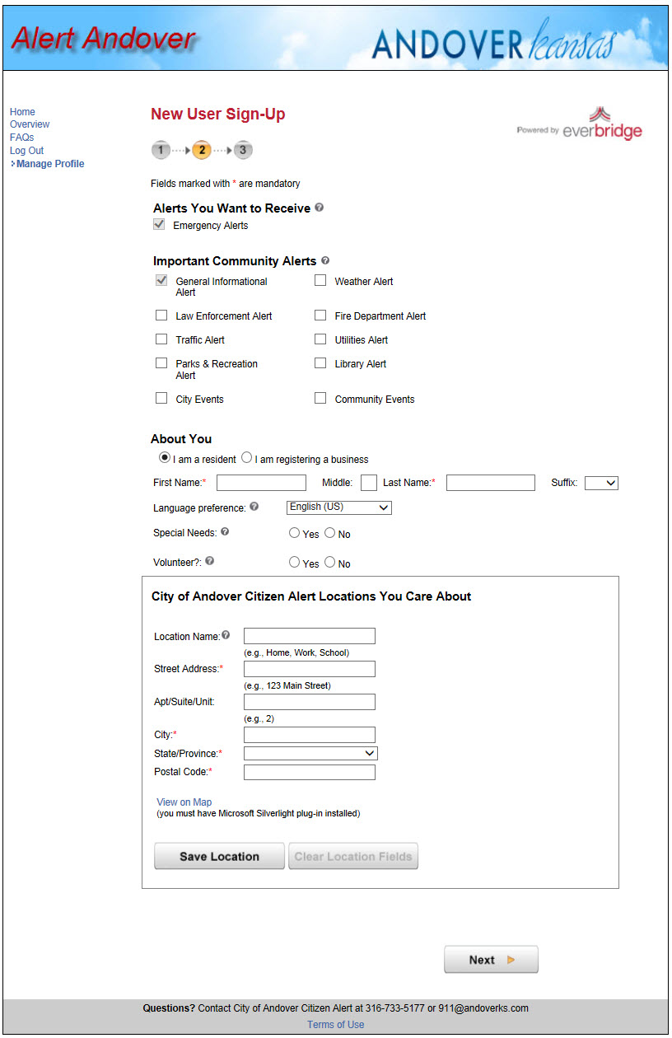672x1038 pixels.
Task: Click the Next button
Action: pos(491,960)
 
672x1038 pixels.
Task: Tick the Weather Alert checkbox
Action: pos(320,281)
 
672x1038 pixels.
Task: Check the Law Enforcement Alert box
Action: pos(161,316)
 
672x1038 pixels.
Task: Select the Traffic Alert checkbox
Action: pos(161,339)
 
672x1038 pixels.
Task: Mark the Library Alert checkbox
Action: pos(320,363)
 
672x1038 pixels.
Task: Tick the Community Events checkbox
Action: pos(320,399)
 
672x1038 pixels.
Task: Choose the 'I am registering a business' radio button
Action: pos(247,458)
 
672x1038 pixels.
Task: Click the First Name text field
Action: pos(261,483)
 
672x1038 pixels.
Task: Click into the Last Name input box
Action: pos(490,483)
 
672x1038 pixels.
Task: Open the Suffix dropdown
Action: pos(601,484)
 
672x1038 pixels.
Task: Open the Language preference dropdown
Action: pos(338,507)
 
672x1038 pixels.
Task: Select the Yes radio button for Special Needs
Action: pos(295,533)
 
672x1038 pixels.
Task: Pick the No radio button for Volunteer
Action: pos(330,563)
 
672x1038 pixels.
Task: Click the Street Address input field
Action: pos(309,669)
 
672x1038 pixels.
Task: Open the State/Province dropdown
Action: pos(310,753)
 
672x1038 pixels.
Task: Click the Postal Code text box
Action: pos(309,772)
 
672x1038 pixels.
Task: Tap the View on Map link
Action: pos(184,802)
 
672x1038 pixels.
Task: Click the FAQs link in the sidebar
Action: pos(22,138)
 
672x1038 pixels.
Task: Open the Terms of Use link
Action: pos(335,1025)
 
